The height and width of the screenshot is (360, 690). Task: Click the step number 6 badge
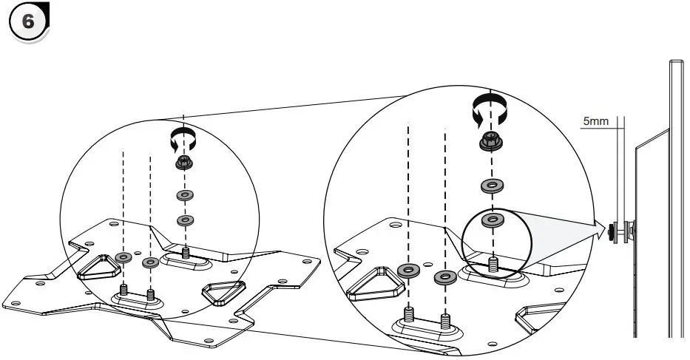point(28,22)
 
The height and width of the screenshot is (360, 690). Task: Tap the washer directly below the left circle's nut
point(184,194)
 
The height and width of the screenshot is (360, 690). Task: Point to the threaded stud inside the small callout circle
point(493,263)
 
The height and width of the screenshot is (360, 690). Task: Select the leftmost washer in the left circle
point(124,257)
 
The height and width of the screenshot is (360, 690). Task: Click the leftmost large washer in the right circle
point(407,271)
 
